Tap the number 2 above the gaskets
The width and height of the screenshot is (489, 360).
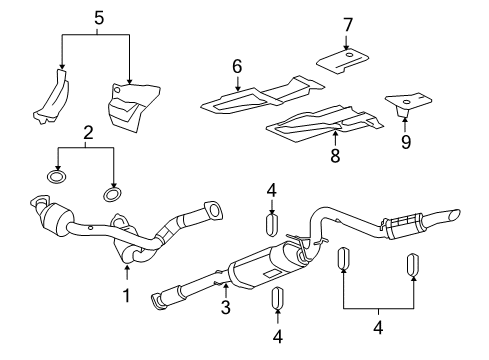pos(88,132)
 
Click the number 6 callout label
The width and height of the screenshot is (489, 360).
pos(237,66)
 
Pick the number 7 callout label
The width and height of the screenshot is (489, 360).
pos(347,22)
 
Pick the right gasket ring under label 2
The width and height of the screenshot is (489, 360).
pos(113,191)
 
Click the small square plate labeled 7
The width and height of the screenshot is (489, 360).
pos(345,61)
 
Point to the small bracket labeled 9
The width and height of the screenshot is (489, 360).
pos(402,103)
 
